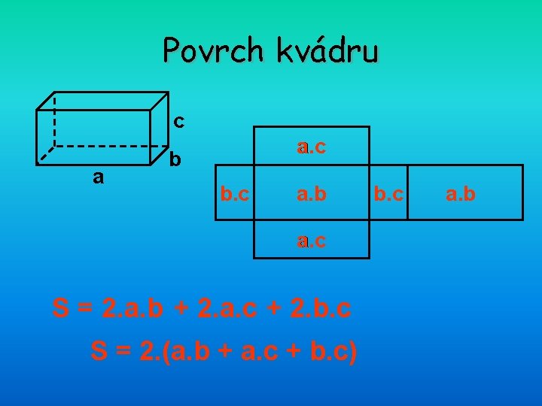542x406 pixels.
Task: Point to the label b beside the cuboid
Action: [x=175, y=159]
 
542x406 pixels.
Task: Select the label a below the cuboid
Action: [x=96, y=177]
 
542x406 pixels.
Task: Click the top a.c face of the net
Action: [x=311, y=147]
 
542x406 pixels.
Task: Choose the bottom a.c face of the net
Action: [x=311, y=241]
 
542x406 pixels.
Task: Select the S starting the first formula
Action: [x=61, y=308]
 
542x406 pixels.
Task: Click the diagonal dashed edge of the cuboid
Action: [x=47, y=154]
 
